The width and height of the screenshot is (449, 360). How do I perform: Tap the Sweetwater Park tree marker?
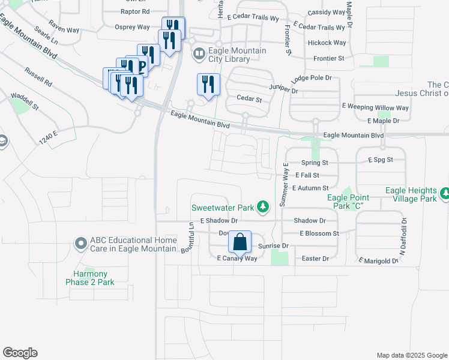[262, 208]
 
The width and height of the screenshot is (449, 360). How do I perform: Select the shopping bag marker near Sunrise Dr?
[240, 242]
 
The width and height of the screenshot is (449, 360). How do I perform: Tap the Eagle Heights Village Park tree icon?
[445, 193]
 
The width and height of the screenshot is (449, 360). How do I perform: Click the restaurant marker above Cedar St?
[208, 84]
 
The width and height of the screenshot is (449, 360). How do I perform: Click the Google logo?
[20, 353]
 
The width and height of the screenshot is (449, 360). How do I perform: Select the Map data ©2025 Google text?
[411, 355]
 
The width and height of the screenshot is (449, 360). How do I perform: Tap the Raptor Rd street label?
[135, 11]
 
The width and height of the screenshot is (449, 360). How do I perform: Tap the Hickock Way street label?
[327, 43]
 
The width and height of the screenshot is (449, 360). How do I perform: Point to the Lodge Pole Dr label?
[311, 79]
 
